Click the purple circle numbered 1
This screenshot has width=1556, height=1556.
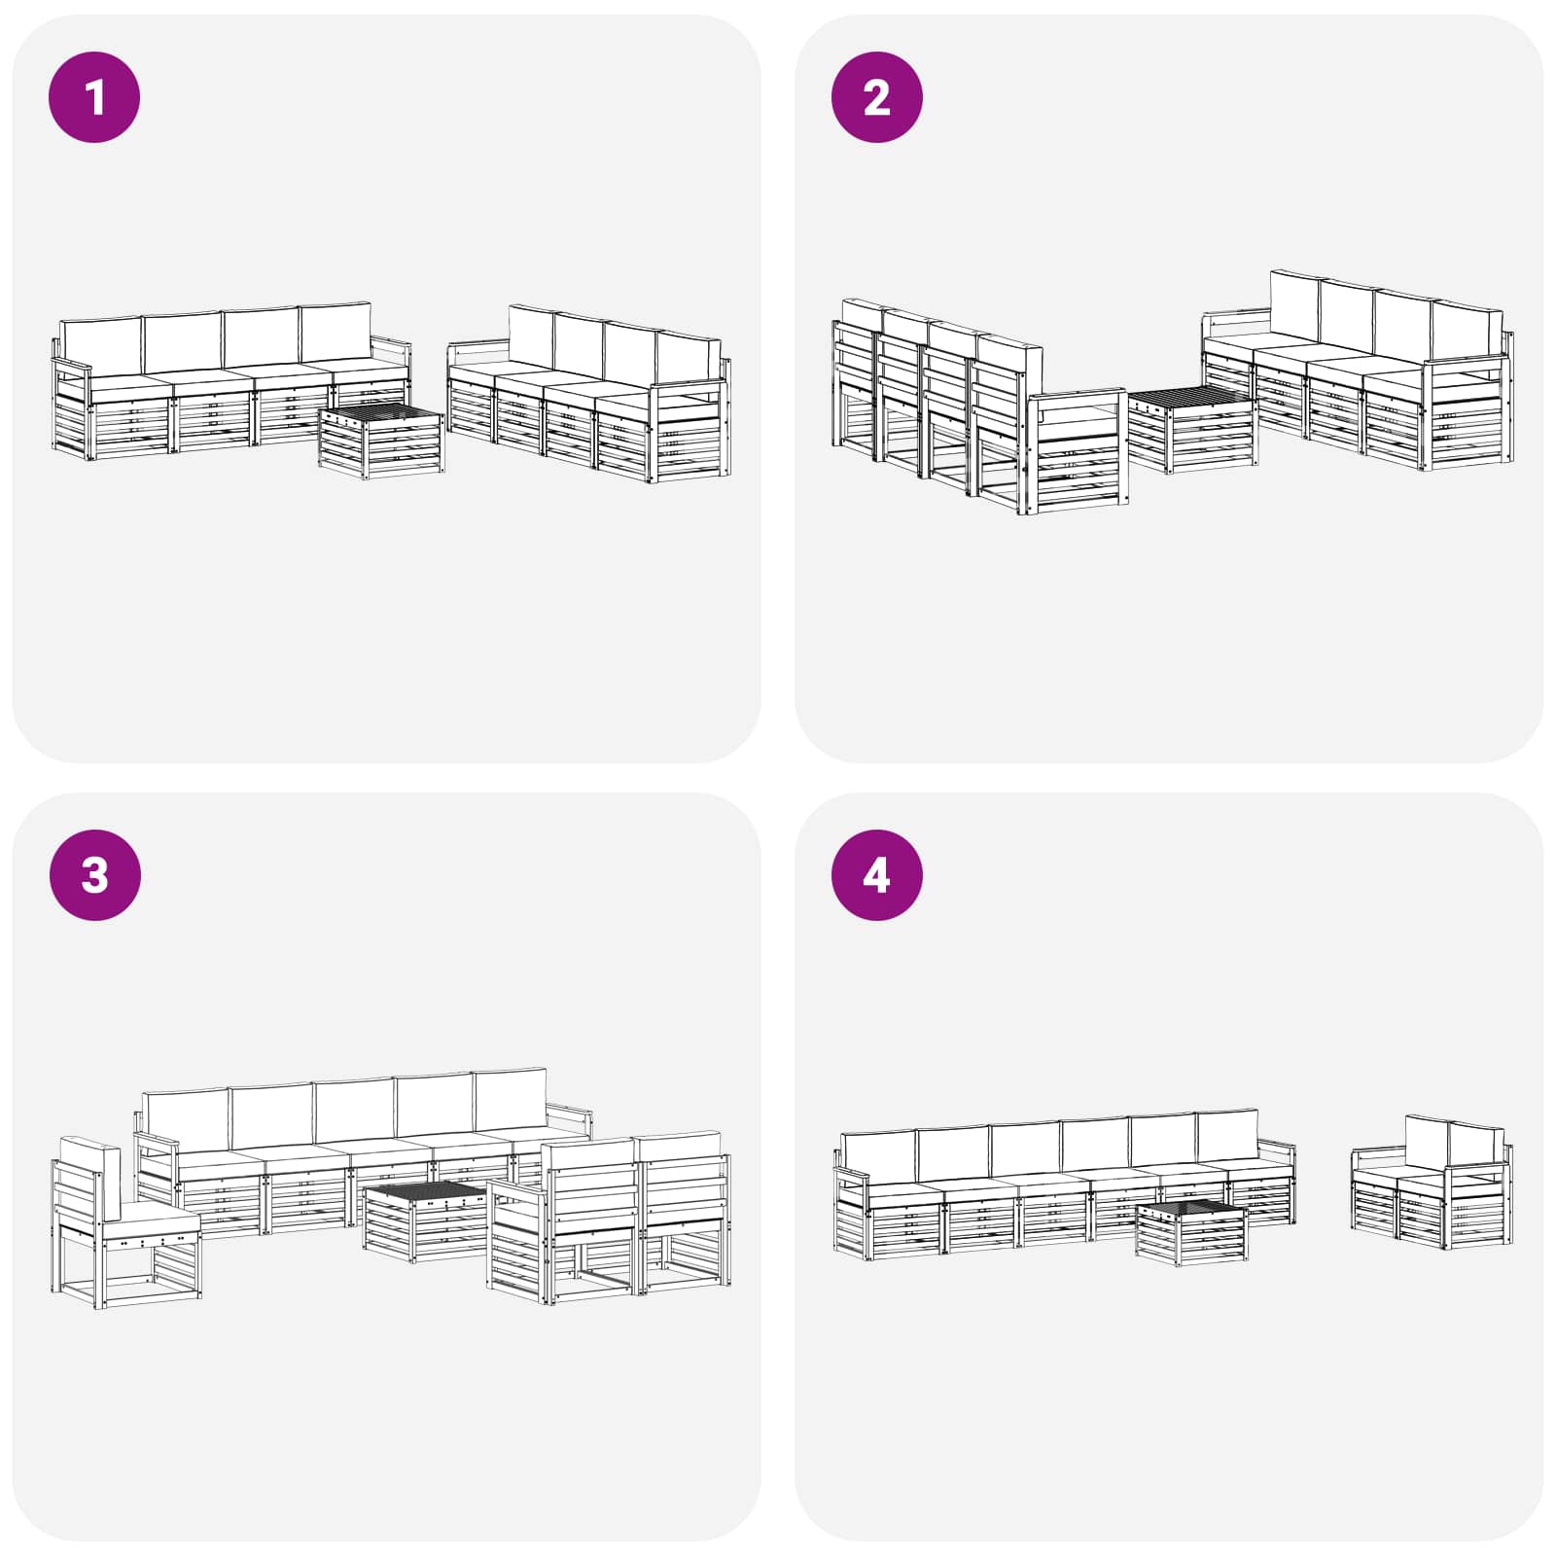coord(94,97)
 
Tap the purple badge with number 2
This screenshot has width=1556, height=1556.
coord(876,97)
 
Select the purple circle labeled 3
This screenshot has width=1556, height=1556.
coord(94,874)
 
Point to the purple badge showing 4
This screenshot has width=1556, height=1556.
coord(876,874)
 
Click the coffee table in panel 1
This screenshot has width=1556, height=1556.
coord(381,442)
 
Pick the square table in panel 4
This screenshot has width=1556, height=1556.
coord(1191,1233)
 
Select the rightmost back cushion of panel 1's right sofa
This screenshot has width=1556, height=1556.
coord(687,358)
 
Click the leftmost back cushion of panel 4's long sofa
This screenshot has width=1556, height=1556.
coord(878,1152)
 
